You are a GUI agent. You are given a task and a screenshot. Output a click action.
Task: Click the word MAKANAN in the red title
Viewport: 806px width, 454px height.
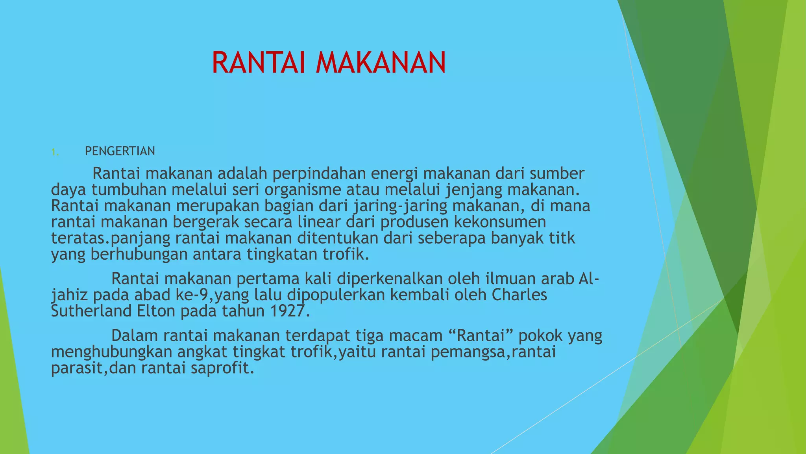tap(381, 63)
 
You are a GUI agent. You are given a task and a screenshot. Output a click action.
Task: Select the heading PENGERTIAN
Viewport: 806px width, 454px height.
tap(120, 151)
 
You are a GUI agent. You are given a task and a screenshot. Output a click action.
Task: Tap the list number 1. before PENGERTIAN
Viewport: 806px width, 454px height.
tap(55, 152)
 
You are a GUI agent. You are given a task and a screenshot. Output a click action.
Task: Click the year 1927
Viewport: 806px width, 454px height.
tap(288, 311)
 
